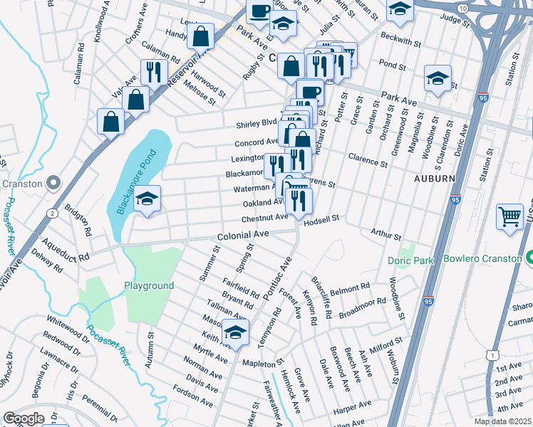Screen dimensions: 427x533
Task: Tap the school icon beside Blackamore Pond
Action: click(148, 200)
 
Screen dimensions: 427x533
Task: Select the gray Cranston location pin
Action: click(53, 184)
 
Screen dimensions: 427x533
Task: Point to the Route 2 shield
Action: click(52, 213)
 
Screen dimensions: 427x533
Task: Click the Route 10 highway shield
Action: click(463, 7)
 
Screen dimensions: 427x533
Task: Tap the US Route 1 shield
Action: click(492, 354)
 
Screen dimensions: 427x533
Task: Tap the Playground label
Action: click(149, 285)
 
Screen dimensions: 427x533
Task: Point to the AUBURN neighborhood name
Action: click(435, 179)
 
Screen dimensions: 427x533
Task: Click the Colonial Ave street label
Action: click(243, 234)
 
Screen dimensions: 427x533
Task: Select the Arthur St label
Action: click(385, 233)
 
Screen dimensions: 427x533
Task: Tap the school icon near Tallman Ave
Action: click(235, 332)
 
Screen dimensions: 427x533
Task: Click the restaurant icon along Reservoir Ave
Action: click(153, 72)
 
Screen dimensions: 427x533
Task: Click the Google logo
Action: click(24, 418)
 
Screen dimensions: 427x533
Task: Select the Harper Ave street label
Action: click(353, 406)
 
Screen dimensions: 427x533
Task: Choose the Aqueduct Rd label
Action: click(61, 248)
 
